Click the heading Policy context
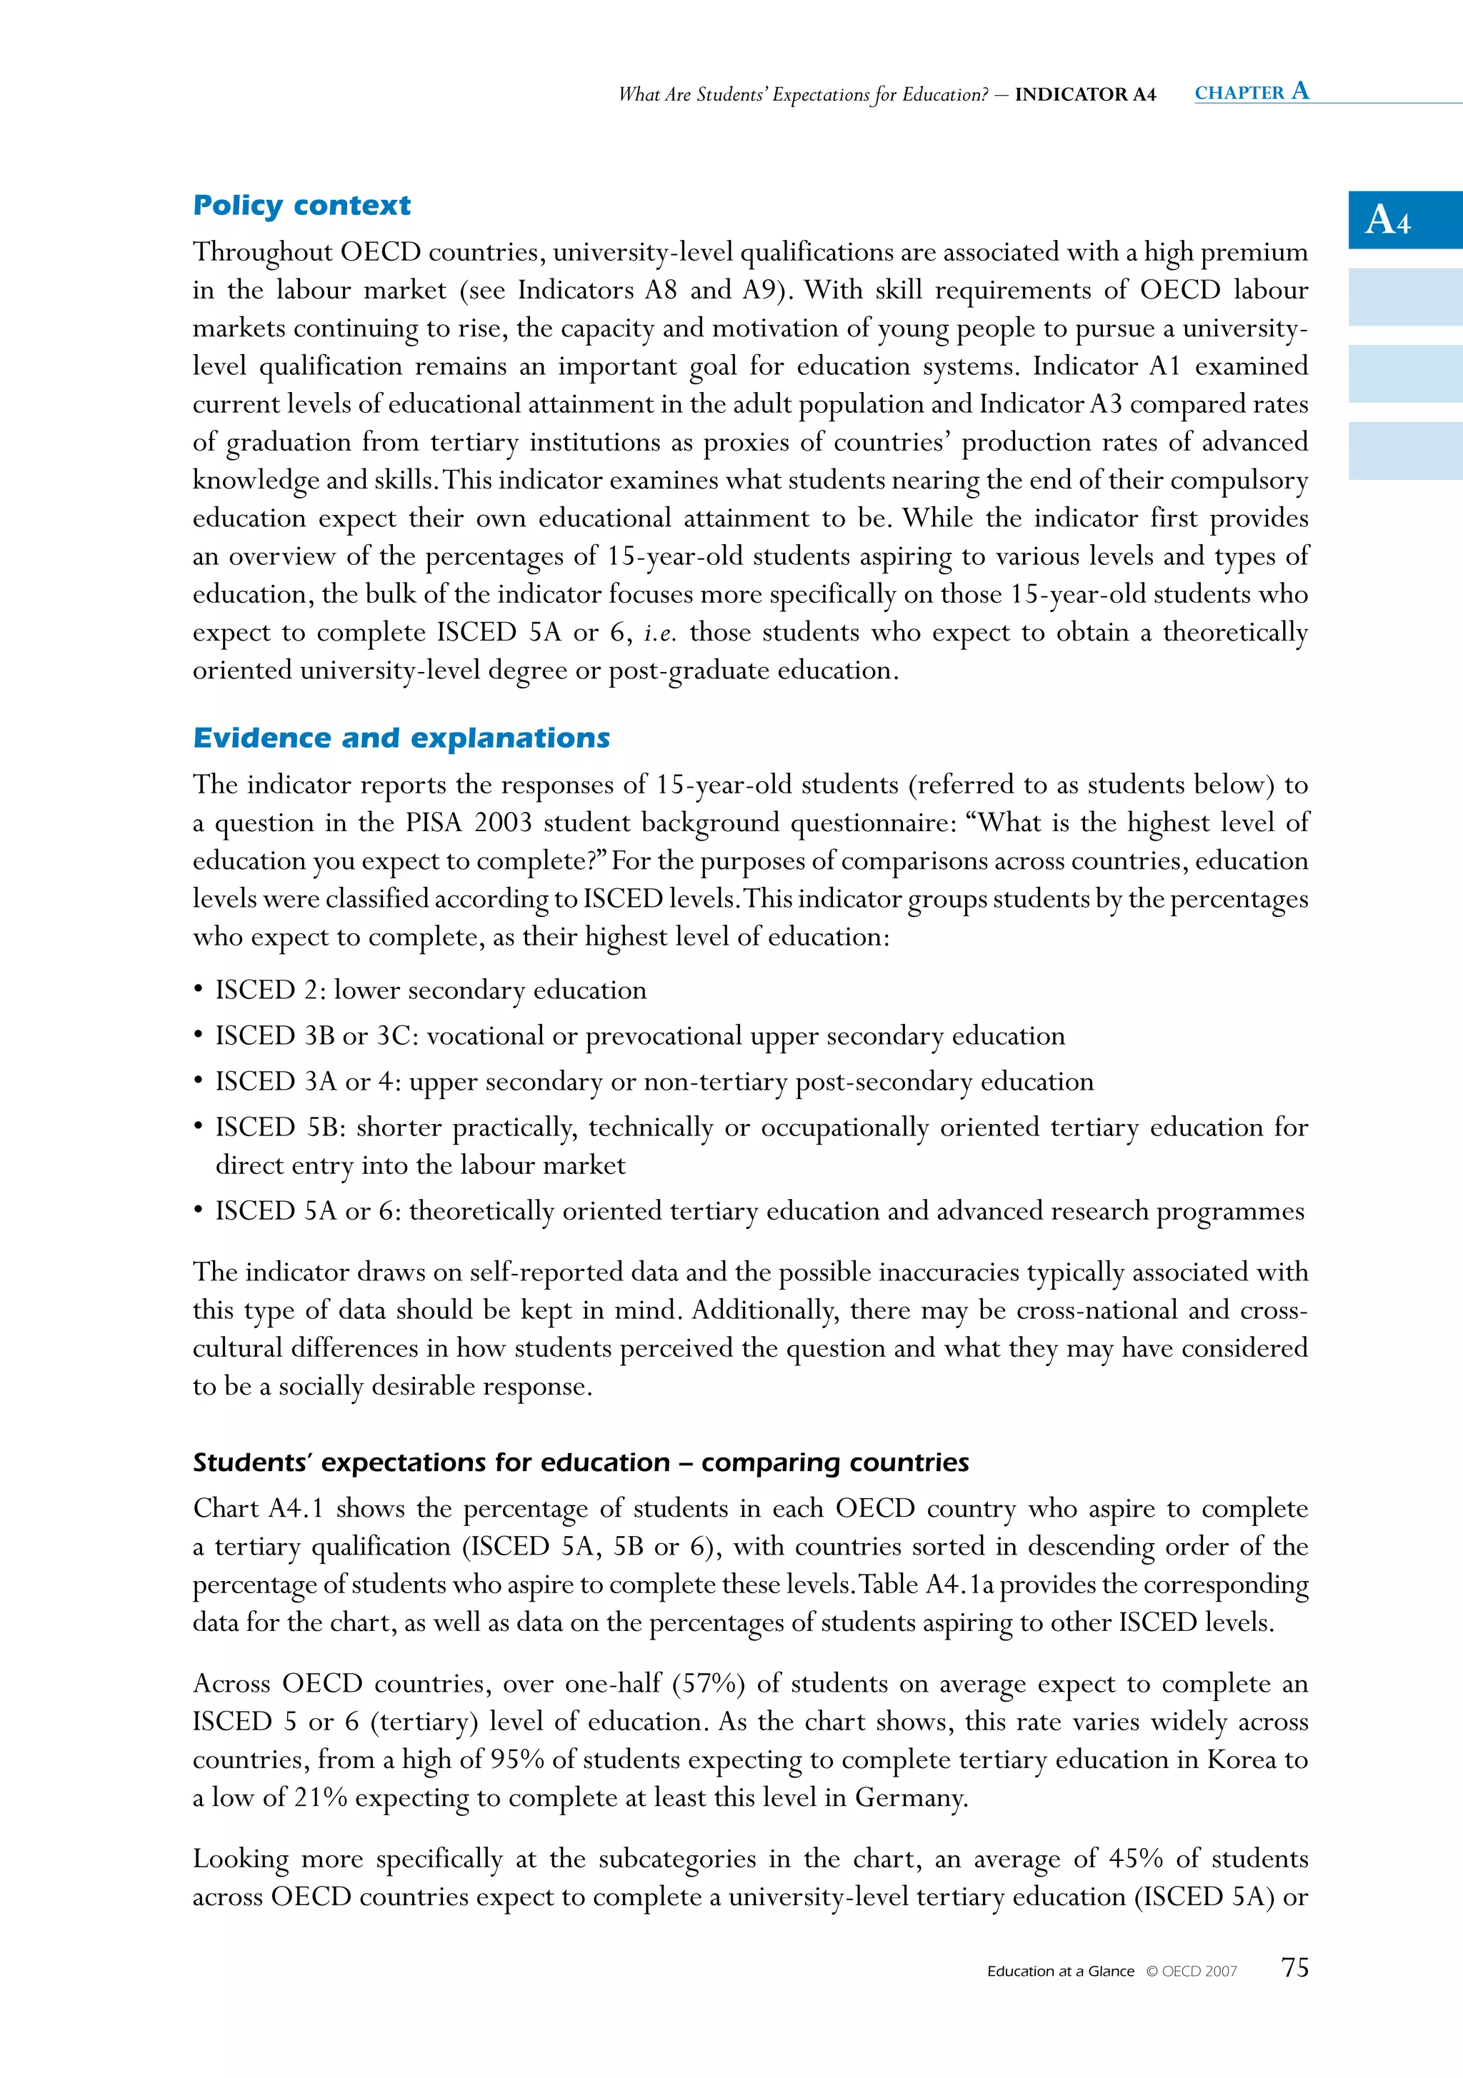pos(301,206)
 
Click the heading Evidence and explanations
pos(401,738)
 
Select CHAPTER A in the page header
pos(1251,91)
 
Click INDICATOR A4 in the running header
pos(1084,94)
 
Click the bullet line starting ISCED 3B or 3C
pos(639,1035)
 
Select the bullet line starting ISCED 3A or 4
pos(654,1082)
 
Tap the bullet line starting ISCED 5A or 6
pos(759,1211)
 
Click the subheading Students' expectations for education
pos(580,1462)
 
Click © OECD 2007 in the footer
pos(1191,1971)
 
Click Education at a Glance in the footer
pos(1060,1971)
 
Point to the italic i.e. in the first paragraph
pos(659,633)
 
